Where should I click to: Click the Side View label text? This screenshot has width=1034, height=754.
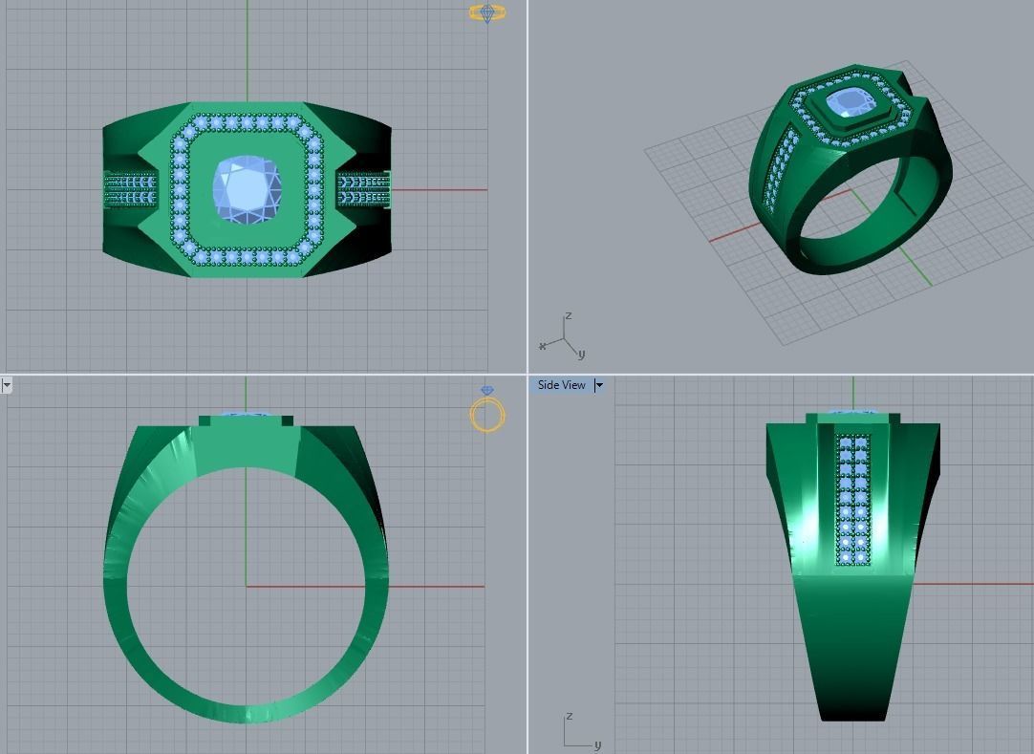tap(561, 385)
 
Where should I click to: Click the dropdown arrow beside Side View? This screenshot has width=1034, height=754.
tap(599, 385)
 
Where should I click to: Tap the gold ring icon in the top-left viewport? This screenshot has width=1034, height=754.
tap(487, 13)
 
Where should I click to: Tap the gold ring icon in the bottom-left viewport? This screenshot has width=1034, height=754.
tap(487, 413)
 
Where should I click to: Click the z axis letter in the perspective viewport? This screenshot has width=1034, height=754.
tap(569, 316)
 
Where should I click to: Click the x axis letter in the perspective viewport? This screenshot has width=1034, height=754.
tap(543, 346)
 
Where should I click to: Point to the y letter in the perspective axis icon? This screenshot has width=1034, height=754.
tap(581, 355)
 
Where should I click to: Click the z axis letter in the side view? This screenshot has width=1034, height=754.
tap(569, 716)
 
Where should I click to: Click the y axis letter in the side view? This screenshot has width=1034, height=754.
tap(597, 744)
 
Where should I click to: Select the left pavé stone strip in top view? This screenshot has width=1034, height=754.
tap(129, 189)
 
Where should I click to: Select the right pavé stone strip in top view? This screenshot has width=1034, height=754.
tap(364, 189)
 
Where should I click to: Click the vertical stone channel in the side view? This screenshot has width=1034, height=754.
tap(853, 499)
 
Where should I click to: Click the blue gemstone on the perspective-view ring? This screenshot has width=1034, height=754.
tap(849, 104)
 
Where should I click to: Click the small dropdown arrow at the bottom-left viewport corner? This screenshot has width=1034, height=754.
tap(6, 385)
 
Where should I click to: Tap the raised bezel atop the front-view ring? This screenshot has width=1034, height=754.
tap(246, 420)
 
